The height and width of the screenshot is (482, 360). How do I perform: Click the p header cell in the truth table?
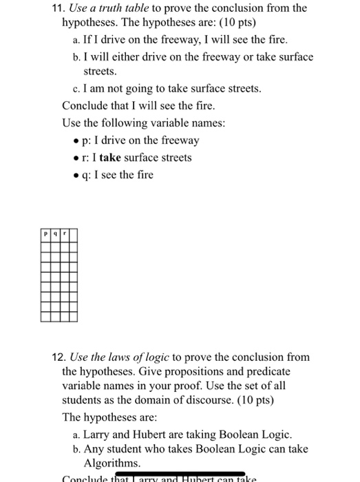pyautogui.click(x=45, y=233)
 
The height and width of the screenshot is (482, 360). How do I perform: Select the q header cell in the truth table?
pyautogui.click(x=54, y=233)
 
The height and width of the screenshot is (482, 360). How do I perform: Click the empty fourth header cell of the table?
pyautogui.click(x=72, y=233)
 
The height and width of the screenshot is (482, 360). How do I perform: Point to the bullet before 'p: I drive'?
pyautogui.click(x=75, y=141)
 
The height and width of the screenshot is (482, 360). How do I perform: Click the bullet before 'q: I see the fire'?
pyautogui.click(x=75, y=175)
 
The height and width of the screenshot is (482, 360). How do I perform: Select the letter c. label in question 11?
pyautogui.click(x=76, y=89)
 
